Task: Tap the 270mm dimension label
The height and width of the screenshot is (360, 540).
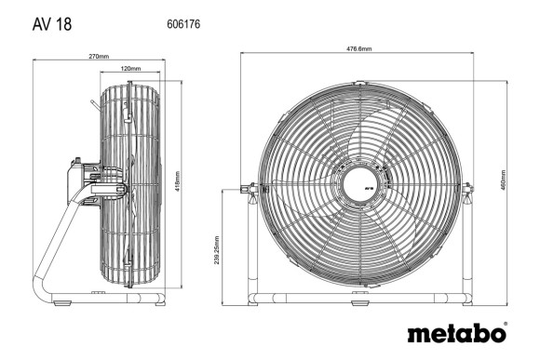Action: [99, 57]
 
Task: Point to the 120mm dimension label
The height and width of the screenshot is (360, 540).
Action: [131, 69]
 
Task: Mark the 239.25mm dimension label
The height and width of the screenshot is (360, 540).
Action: [217, 247]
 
